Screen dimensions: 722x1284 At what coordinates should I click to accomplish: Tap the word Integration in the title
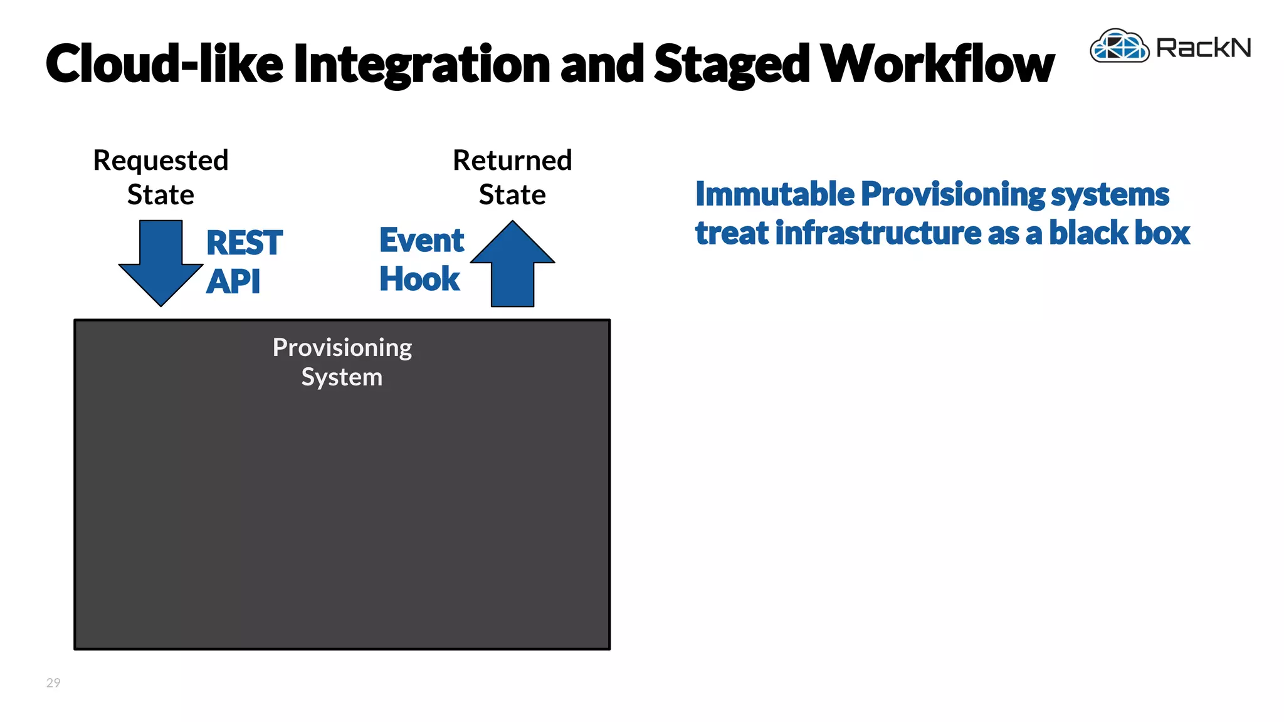(421, 65)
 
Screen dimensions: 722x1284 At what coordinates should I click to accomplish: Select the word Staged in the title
(732, 65)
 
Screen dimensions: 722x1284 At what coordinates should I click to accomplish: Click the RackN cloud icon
(1119, 46)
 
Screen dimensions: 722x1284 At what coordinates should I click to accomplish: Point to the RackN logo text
(1203, 48)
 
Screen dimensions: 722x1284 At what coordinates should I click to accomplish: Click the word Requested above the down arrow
(160, 160)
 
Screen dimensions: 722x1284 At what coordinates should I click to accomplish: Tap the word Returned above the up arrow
(512, 160)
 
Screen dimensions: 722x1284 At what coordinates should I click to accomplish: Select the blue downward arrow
(161, 263)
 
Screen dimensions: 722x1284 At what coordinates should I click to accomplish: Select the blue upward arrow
(512, 263)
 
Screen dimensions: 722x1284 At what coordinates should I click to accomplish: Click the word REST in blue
(245, 243)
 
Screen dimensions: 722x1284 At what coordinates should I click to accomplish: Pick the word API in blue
(233, 281)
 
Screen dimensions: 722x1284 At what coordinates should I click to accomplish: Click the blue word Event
(421, 241)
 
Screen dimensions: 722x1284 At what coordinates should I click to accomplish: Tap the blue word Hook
(419, 279)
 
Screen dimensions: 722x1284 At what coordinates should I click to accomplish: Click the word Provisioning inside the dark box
(342, 348)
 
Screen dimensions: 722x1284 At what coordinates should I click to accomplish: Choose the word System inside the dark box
(342, 377)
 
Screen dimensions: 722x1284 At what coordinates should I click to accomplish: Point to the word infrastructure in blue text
(878, 233)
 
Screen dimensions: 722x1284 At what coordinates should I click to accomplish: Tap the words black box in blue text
(1119, 233)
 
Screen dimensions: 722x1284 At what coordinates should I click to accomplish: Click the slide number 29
(53, 683)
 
